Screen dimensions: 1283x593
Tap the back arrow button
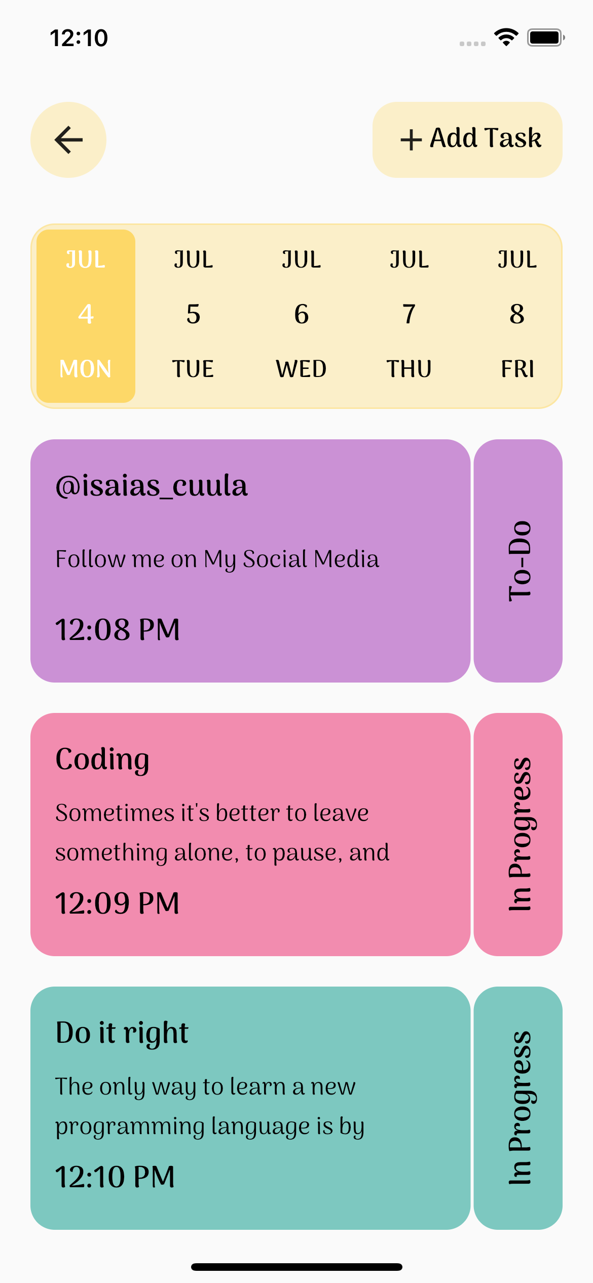click(68, 140)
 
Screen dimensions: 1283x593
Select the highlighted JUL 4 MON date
click(86, 315)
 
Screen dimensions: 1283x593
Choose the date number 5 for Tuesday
click(193, 314)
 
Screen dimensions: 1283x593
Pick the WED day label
click(301, 369)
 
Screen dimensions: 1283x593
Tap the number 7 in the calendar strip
click(409, 314)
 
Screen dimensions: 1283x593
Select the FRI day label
click(517, 369)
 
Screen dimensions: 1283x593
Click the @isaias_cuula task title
click(151, 485)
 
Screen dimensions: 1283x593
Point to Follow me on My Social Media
click(217, 559)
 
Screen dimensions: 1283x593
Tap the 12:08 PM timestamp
click(117, 630)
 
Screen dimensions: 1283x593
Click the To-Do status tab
click(518, 561)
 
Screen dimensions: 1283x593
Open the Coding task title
click(102, 759)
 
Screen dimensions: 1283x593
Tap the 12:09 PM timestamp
click(117, 903)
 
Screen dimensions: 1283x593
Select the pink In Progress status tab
click(518, 835)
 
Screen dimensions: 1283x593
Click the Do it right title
click(122, 1033)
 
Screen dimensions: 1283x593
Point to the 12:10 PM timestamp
click(115, 1177)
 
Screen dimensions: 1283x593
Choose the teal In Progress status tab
click(518, 1108)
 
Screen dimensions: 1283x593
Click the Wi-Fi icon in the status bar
click(506, 37)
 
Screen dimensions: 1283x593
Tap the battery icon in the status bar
click(545, 37)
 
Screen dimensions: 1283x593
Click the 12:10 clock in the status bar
click(79, 38)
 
